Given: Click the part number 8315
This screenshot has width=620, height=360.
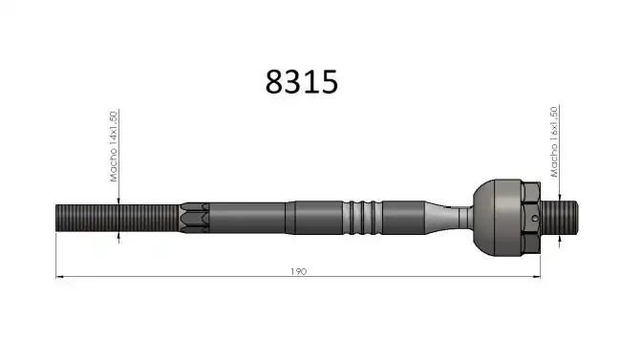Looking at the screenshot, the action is pyautogui.click(x=302, y=82).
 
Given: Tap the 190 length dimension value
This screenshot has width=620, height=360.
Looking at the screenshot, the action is pyautogui.click(x=298, y=271).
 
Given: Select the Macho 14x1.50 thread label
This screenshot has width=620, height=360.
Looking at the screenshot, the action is pyautogui.click(x=114, y=146).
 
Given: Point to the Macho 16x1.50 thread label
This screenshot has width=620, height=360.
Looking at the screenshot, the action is pyautogui.click(x=554, y=142).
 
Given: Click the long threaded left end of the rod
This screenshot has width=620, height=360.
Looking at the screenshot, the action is pyautogui.click(x=118, y=218).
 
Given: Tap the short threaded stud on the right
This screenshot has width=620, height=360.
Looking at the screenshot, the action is pyautogui.click(x=559, y=218).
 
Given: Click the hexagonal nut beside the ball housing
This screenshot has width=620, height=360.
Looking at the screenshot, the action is pyautogui.click(x=531, y=218).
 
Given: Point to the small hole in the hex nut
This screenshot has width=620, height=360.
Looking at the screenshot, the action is pyautogui.click(x=535, y=218).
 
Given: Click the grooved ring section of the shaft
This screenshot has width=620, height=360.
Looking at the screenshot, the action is pyautogui.click(x=362, y=218).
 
